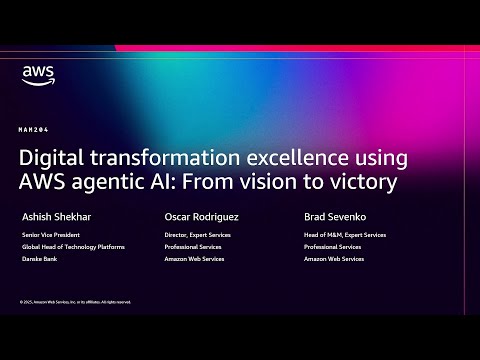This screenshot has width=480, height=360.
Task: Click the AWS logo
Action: (37, 76)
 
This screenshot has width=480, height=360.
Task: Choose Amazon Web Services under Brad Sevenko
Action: (333, 258)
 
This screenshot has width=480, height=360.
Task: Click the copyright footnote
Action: (75, 301)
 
